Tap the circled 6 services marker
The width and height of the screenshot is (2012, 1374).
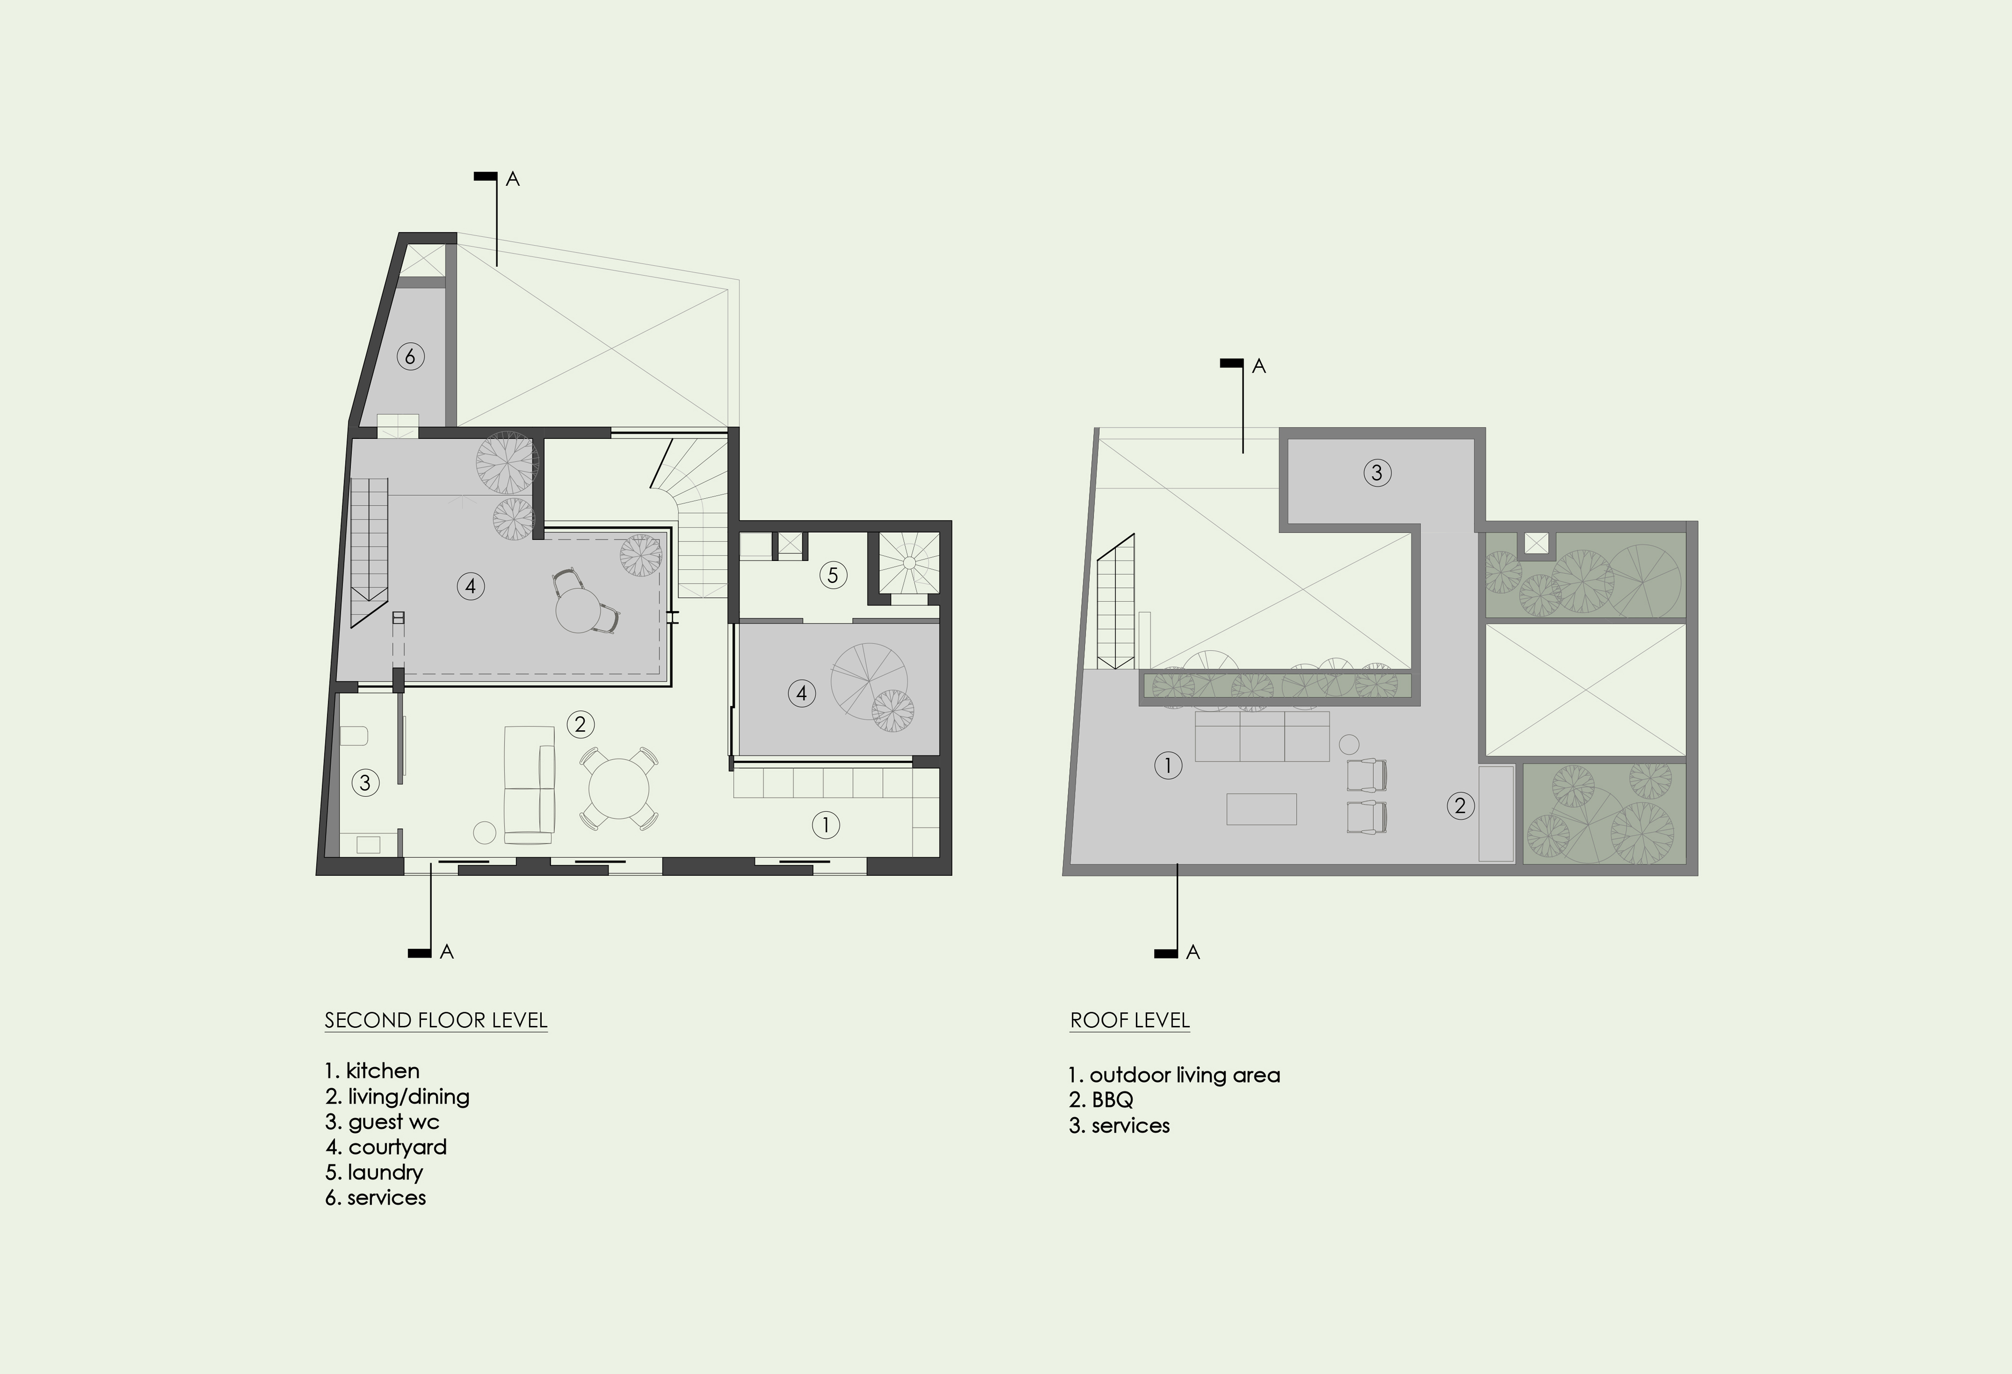pyautogui.click(x=410, y=356)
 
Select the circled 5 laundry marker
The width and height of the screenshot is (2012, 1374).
pyautogui.click(x=833, y=575)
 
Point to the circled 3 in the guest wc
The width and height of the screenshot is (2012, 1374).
pyautogui.click(x=365, y=783)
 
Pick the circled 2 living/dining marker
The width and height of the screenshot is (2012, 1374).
pyautogui.click(x=580, y=724)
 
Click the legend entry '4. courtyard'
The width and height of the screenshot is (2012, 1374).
pyautogui.click(x=386, y=1147)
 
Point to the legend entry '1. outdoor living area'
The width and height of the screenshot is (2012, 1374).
pyautogui.click(x=1174, y=1075)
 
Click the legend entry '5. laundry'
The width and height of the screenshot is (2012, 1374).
pyautogui.click(x=374, y=1172)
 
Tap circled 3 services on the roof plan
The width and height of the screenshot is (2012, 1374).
pyautogui.click(x=1378, y=473)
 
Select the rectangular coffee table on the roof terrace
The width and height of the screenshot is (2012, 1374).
pyautogui.click(x=1261, y=809)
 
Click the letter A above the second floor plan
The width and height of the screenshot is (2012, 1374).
pyautogui.click(x=512, y=179)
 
